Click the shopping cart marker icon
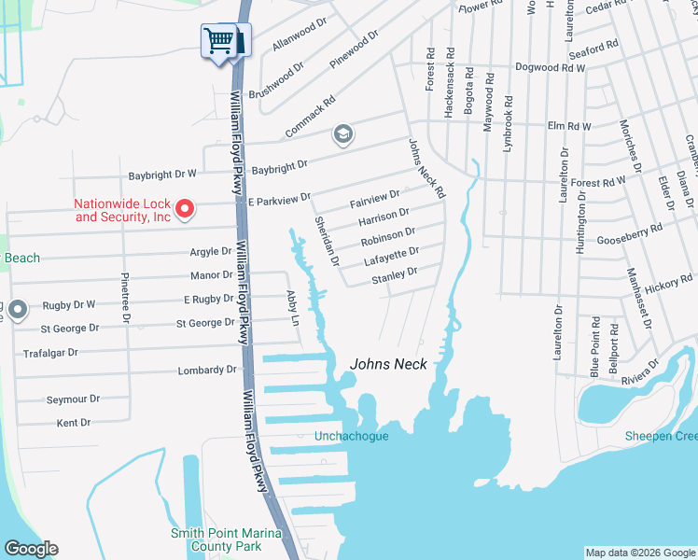coord(219,41)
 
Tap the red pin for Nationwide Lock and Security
coord(185,208)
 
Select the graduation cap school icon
coord(342,135)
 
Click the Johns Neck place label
coord(388,364)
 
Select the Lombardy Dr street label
coord(207,371)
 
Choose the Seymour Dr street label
coord(73,399)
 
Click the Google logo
coord(31,548)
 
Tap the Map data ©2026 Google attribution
coord(639,553)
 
